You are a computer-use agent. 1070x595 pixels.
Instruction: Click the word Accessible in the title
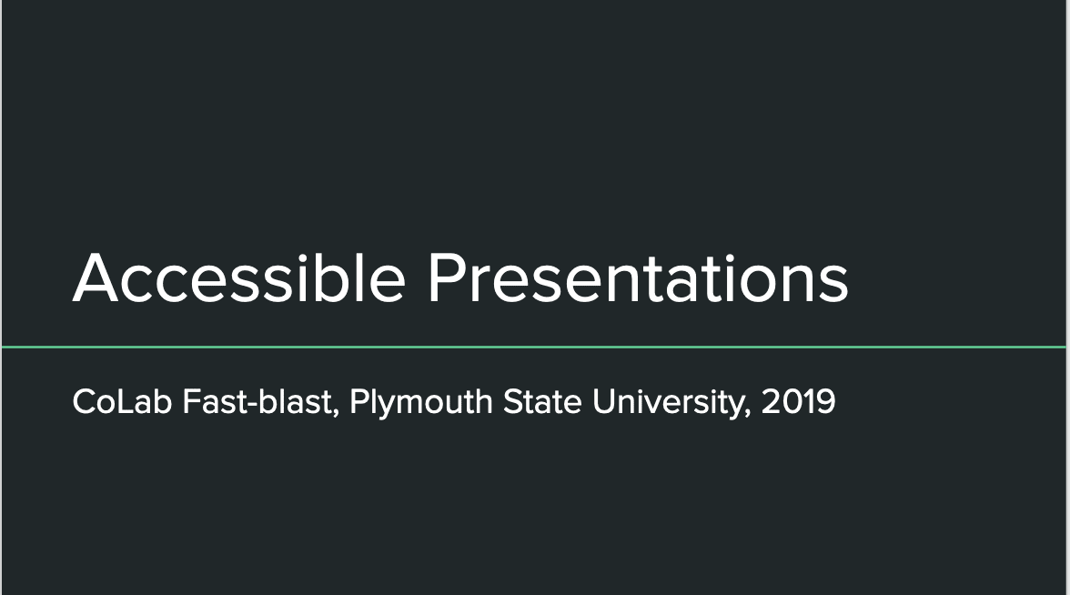239,277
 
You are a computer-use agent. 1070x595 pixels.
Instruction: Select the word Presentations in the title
638,277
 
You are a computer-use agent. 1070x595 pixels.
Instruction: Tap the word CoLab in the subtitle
122,401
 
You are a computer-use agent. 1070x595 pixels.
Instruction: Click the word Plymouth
421,402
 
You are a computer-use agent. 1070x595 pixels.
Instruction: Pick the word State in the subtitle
542,401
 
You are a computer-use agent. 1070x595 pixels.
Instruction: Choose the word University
671,402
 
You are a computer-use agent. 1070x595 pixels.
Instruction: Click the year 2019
799,401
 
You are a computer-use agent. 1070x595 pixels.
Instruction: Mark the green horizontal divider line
535,348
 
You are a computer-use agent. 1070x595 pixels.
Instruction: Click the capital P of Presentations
447,277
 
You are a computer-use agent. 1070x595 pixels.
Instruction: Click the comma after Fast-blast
336,412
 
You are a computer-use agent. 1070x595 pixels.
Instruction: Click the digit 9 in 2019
826,401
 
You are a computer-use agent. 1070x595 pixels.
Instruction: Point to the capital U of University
603,401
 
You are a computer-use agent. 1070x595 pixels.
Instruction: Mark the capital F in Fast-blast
191,401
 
